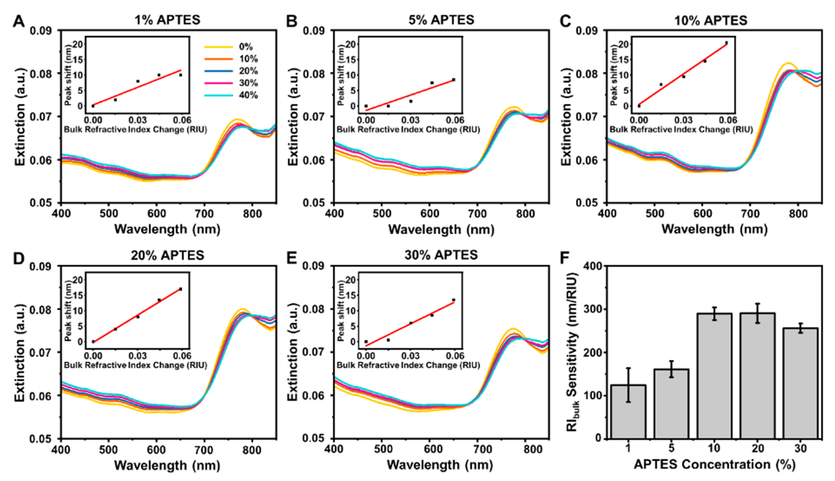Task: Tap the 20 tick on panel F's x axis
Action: tap(758, 448)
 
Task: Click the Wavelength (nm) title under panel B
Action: tap(441, 229)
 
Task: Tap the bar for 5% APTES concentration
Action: tap(671, 404)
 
